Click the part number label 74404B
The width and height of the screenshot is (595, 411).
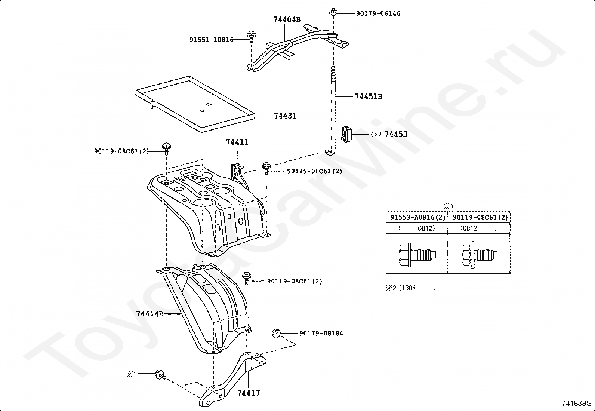coord(287,19)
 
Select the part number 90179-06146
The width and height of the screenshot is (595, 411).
coord(378,13)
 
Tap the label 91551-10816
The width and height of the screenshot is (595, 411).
coord(211,39)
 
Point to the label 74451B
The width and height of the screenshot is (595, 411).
coord(368,96)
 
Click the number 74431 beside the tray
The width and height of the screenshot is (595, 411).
coord(285,116)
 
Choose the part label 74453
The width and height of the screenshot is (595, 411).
coord(396,134)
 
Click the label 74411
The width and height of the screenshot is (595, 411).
coord(237,142)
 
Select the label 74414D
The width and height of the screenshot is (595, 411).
coord(150,313)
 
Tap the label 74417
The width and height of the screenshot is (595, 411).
coord(248,393)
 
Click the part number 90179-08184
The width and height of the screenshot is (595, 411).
coord(321,333)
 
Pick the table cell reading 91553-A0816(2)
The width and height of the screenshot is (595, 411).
coord(417,217)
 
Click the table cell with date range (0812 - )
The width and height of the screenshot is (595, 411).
coord(479,228)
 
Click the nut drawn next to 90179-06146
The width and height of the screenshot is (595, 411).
coord(332,12)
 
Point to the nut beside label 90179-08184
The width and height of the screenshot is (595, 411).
coord(275,332)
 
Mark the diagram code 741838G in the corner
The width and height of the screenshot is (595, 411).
coord(576,403)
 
